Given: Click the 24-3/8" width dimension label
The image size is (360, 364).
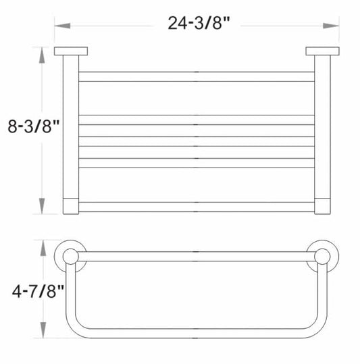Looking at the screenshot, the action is (199, 23).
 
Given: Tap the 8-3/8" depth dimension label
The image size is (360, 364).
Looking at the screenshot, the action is (34, 126).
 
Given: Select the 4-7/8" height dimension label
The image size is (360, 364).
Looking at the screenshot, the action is (38, 291).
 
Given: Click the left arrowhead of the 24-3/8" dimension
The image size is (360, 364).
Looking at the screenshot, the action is (62, 26).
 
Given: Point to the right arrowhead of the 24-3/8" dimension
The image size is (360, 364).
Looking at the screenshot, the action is (331, 26).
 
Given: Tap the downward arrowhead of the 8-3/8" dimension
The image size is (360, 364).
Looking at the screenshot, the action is (42, 206).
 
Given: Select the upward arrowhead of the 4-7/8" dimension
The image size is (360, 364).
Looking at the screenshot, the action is (43, 248).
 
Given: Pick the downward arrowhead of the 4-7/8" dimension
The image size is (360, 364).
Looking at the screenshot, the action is (43, 330).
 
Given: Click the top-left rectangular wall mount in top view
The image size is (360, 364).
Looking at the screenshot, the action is (71, 51).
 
